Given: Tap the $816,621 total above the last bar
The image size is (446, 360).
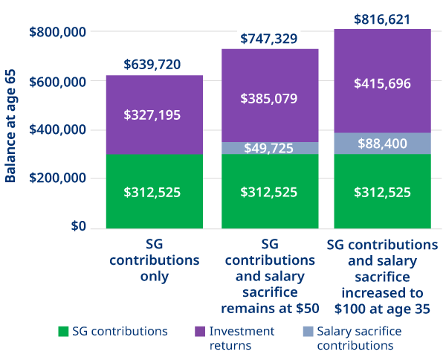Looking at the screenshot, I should (x=382, y=18).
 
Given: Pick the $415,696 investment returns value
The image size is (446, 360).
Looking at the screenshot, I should (x=382, y=83).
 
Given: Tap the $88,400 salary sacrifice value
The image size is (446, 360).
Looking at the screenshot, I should (x=382, y=144).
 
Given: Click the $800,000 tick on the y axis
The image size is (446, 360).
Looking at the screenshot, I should (x=57, y=33).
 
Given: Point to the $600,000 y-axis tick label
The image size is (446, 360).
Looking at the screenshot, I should (x=57, y=81).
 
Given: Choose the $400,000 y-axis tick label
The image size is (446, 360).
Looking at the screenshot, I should (x=57, y=130).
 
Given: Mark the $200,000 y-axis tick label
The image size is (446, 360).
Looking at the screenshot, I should (x=57, y=179).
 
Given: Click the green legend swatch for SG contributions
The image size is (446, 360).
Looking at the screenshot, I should (x=63, y=331).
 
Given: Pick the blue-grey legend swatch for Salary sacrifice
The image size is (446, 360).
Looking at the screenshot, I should (x=307, y=331).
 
